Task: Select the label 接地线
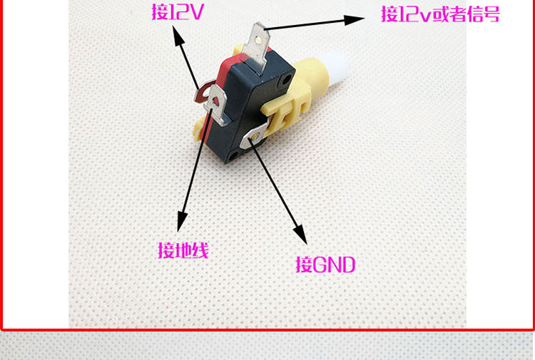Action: point(183,250)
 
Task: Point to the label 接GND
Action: point(325,265)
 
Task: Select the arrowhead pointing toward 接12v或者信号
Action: point(355,19)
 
